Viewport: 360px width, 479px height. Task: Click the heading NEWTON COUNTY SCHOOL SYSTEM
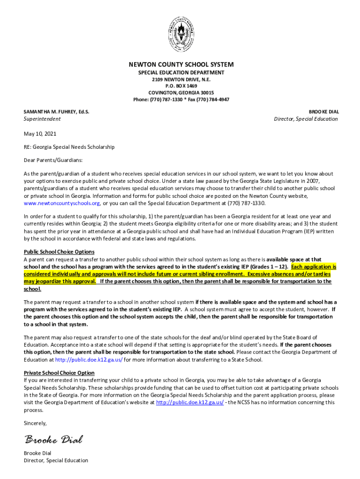coord(181,65)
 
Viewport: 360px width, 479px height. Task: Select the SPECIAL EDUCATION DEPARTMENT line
coord(181,73)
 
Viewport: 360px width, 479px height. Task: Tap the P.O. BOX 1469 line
coord(181,86)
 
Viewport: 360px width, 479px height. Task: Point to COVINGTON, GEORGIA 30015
coord(181,93)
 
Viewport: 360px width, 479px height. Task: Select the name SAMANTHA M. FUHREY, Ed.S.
coord(57,112)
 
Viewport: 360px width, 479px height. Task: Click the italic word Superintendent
coord(42,119)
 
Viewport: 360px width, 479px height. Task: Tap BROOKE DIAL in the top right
coord(324,112)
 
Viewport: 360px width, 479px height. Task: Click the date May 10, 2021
coord(40,134)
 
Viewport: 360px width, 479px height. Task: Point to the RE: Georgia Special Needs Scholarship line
coord(69,147)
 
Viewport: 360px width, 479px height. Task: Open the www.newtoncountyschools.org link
coord(62,203)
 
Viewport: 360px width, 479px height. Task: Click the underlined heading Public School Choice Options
coord(59,252)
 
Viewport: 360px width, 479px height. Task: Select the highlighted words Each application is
coord(314,267)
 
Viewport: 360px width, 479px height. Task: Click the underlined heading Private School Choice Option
coord(59,373)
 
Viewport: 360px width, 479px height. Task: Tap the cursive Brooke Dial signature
coord(53,439)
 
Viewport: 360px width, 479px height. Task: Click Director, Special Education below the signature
coord(56,460)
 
